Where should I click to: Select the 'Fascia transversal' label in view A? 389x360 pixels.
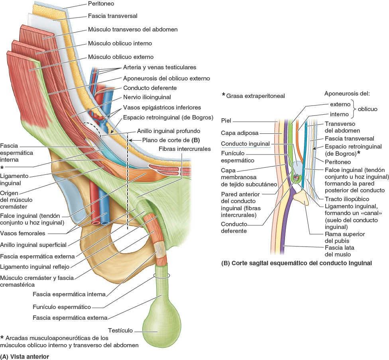(x=112, y=16)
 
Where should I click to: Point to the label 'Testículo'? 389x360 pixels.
(x=120, y=331)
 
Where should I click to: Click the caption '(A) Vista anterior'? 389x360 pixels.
(x=25, y=356)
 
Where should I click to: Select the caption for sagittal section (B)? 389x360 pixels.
(x=297, y=263)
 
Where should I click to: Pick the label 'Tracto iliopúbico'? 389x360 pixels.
(x=347, y=199)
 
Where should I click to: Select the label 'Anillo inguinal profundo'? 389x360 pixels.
(x=168, y=130)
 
